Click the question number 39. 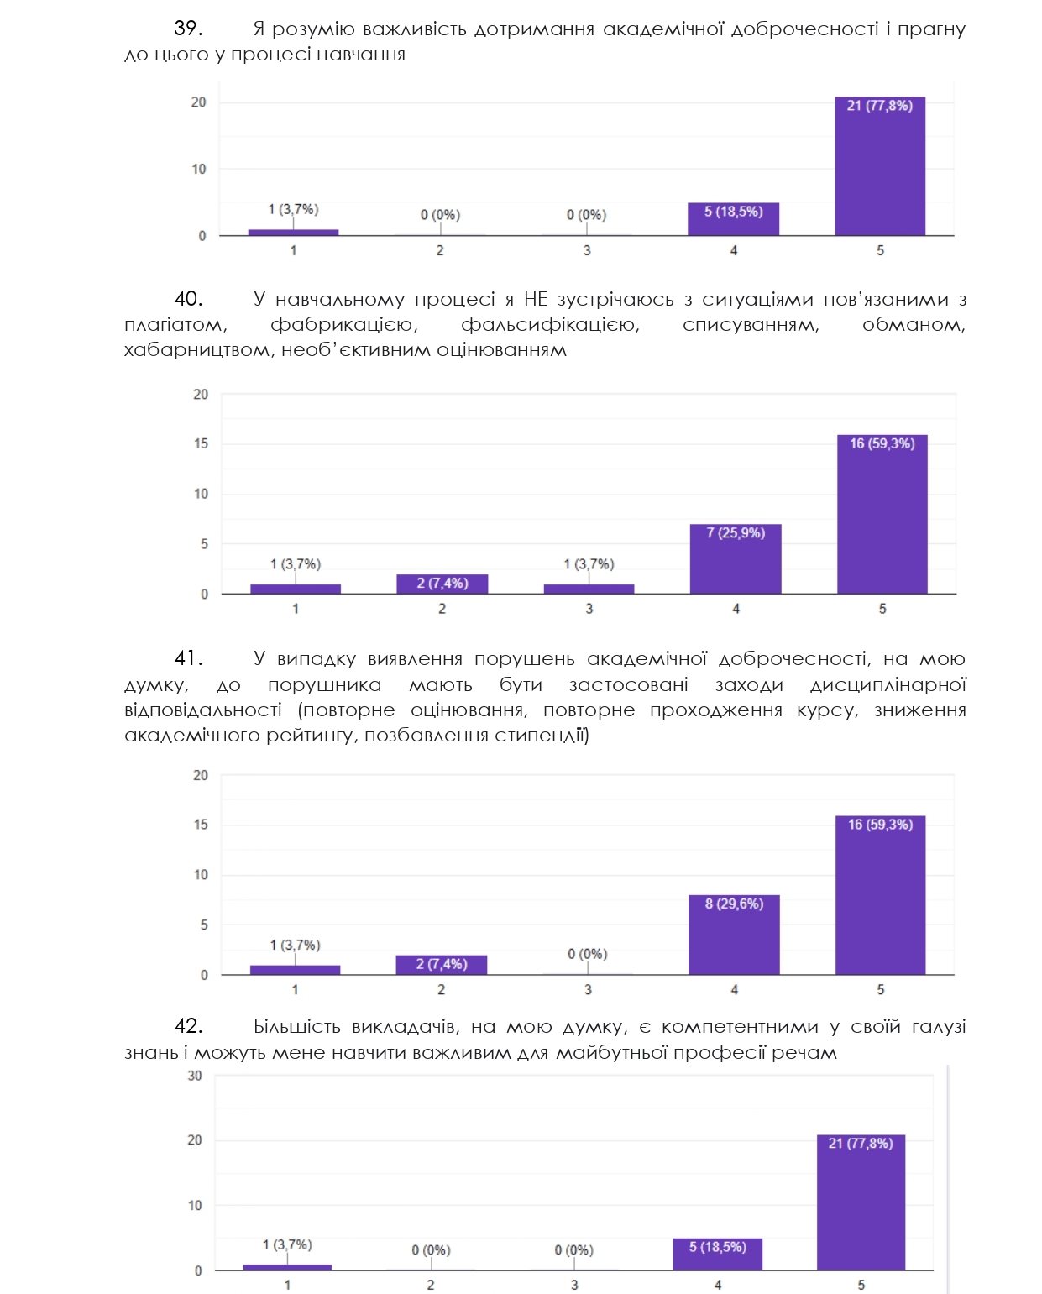point(187,29)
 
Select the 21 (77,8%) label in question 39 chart point(879,106)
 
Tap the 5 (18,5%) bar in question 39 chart point(733,219)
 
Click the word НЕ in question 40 point(536,300)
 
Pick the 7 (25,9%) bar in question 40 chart point(736,559)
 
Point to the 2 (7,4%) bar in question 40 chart point(442,584)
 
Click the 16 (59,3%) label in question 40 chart point(882,443)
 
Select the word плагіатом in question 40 point(175,325)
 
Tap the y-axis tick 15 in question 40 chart point(201,443)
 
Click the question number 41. point(188,659)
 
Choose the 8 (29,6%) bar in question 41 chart point(734,935)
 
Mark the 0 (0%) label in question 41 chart point(587,954)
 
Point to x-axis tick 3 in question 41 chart point(588,990)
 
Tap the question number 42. point(188,1026)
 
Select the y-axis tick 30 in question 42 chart point(195,1076)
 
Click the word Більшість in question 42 point(297,1026)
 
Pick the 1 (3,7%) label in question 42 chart point(287,1244)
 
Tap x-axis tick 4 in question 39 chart point(734,250)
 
